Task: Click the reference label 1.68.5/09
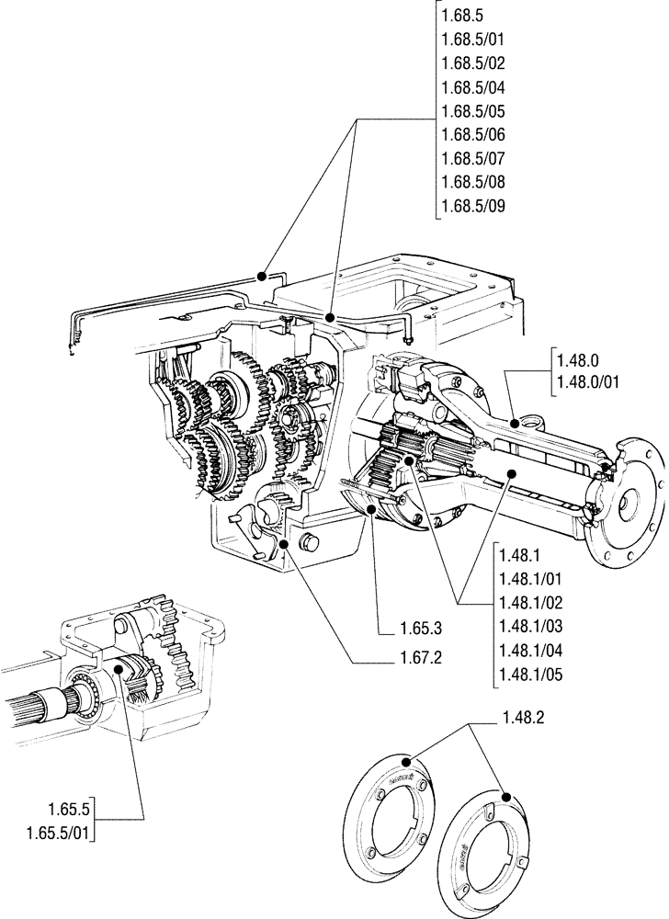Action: (473, 206)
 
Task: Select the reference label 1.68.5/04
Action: (473, 87)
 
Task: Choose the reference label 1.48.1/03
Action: (528, 625)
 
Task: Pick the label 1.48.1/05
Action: (528, 674)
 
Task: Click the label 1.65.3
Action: (422, 630)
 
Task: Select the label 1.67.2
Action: (422, 658)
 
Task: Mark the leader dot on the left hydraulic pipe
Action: (263, 275)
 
